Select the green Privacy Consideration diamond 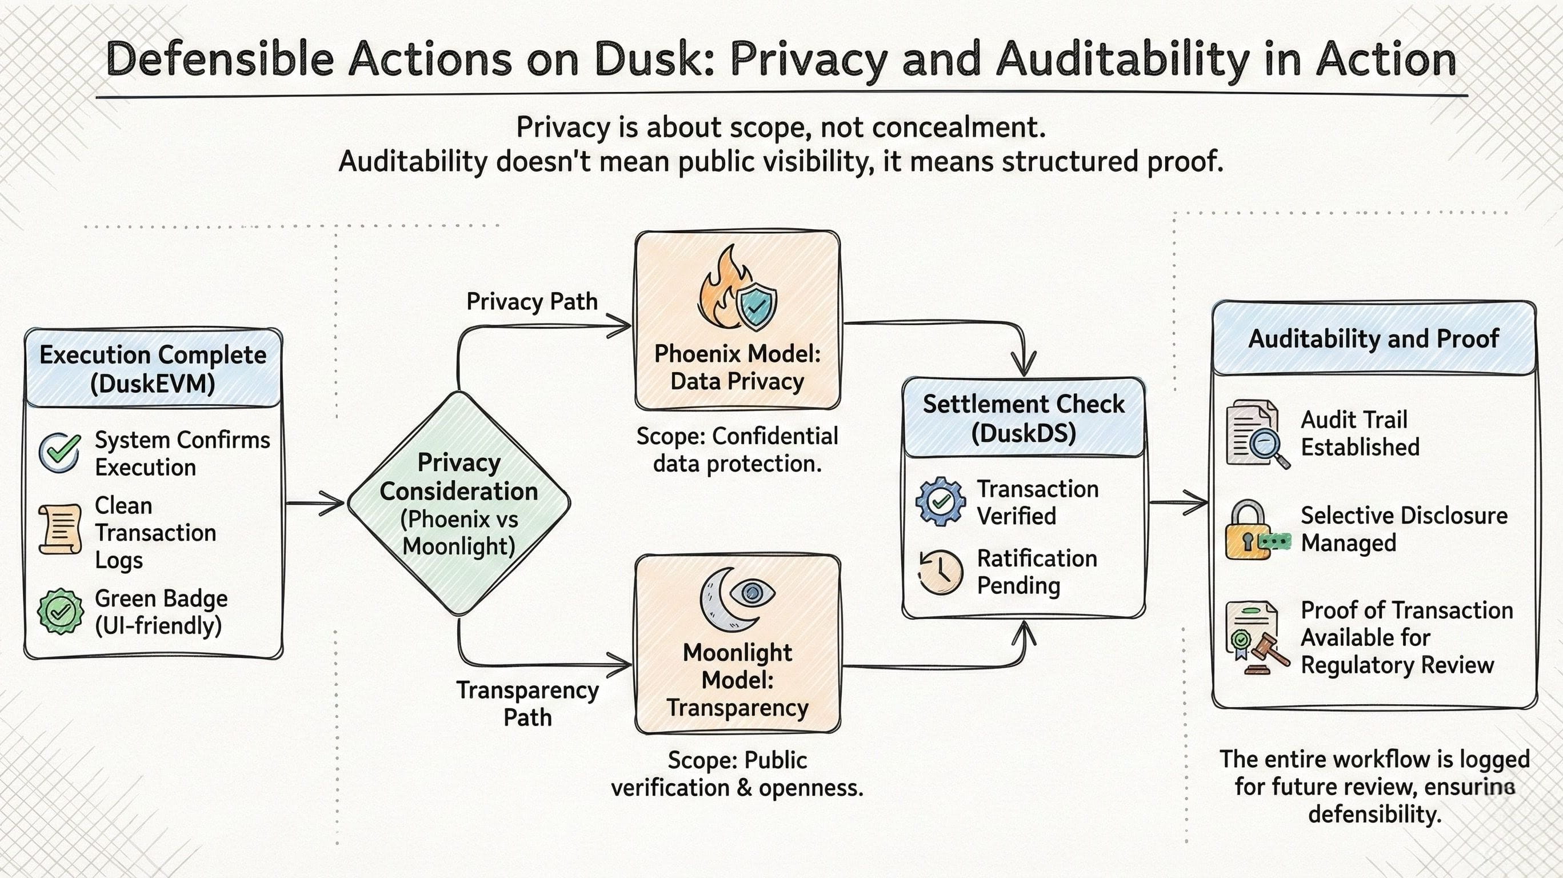[x=459, y=503]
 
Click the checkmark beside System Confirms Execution [x=59, y=453]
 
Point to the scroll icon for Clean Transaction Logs [x=59, y=529]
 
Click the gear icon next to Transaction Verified [x=941, y=501]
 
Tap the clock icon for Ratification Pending [x=940, y=572]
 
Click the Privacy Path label [x=532, y=302]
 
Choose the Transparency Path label [x=527, y=704]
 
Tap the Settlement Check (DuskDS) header [x=1024, y=418]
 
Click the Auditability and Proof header [x=1374, y=338]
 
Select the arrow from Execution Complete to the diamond [x=315, y=504]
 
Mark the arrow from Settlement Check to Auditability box [x=1178, y=502]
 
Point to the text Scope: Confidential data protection [x=737, y=450]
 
